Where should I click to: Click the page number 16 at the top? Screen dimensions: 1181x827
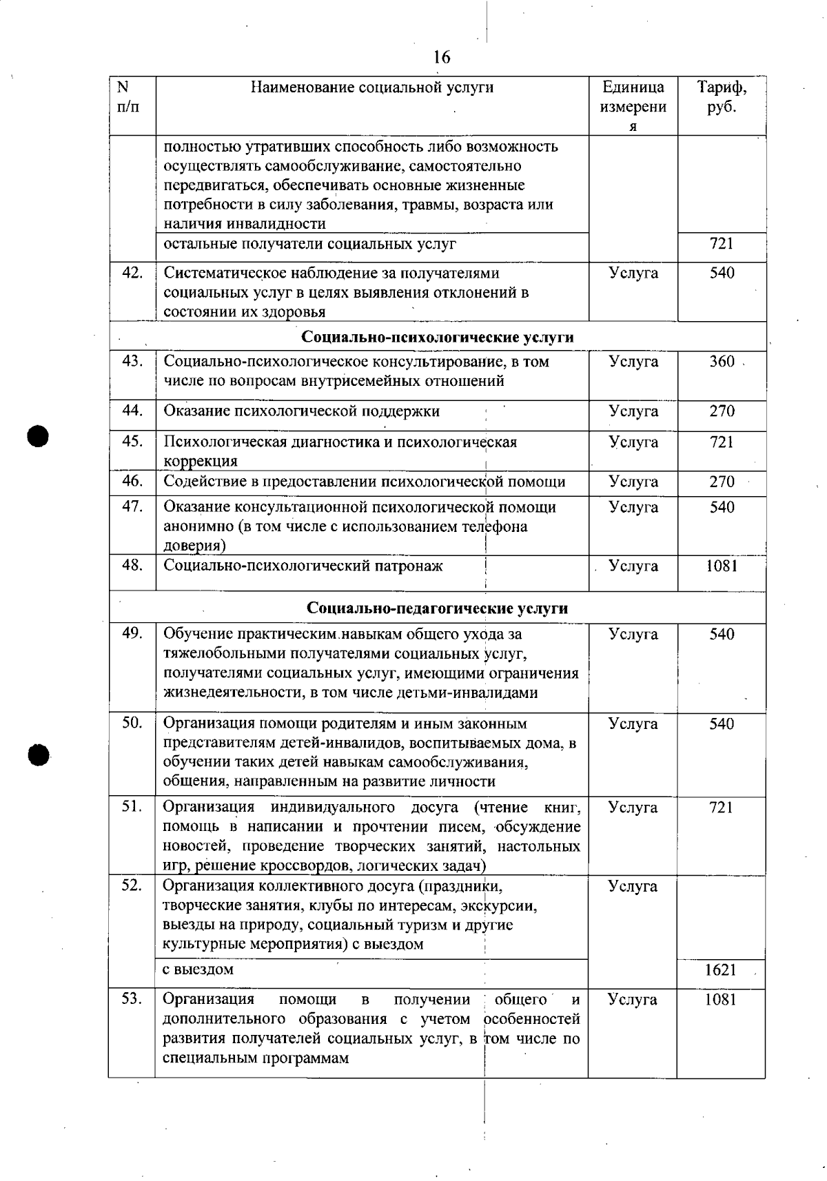coord(442,57)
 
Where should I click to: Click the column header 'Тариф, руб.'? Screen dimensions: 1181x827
coord(722,97)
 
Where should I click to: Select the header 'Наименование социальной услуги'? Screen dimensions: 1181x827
coord(372,88)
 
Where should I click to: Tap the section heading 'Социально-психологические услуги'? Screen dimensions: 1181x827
coord(438,337)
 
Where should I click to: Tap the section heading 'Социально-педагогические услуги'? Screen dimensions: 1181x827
coord(438,608)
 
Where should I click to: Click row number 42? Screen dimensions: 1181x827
coord(132,273)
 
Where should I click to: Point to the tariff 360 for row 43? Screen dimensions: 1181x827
coord(722,362)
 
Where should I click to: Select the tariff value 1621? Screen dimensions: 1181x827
coord(720,969)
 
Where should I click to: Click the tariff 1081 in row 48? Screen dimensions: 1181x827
coord(722,566)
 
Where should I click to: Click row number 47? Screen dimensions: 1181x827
coord(132,507)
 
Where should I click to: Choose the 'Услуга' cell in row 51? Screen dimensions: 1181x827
coord(633,808)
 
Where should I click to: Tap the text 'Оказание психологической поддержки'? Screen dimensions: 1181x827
coord(302,411)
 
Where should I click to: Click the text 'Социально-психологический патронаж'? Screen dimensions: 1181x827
coord(303,566)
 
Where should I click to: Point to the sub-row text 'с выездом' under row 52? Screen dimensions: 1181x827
coord(198,969)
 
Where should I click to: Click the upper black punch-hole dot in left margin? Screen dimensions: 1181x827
coord(39,436)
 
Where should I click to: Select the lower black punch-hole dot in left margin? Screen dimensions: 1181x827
coord(39,753)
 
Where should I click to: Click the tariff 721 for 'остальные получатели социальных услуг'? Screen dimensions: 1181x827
coord(722,244)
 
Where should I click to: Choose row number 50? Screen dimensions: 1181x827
coord(132,723)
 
